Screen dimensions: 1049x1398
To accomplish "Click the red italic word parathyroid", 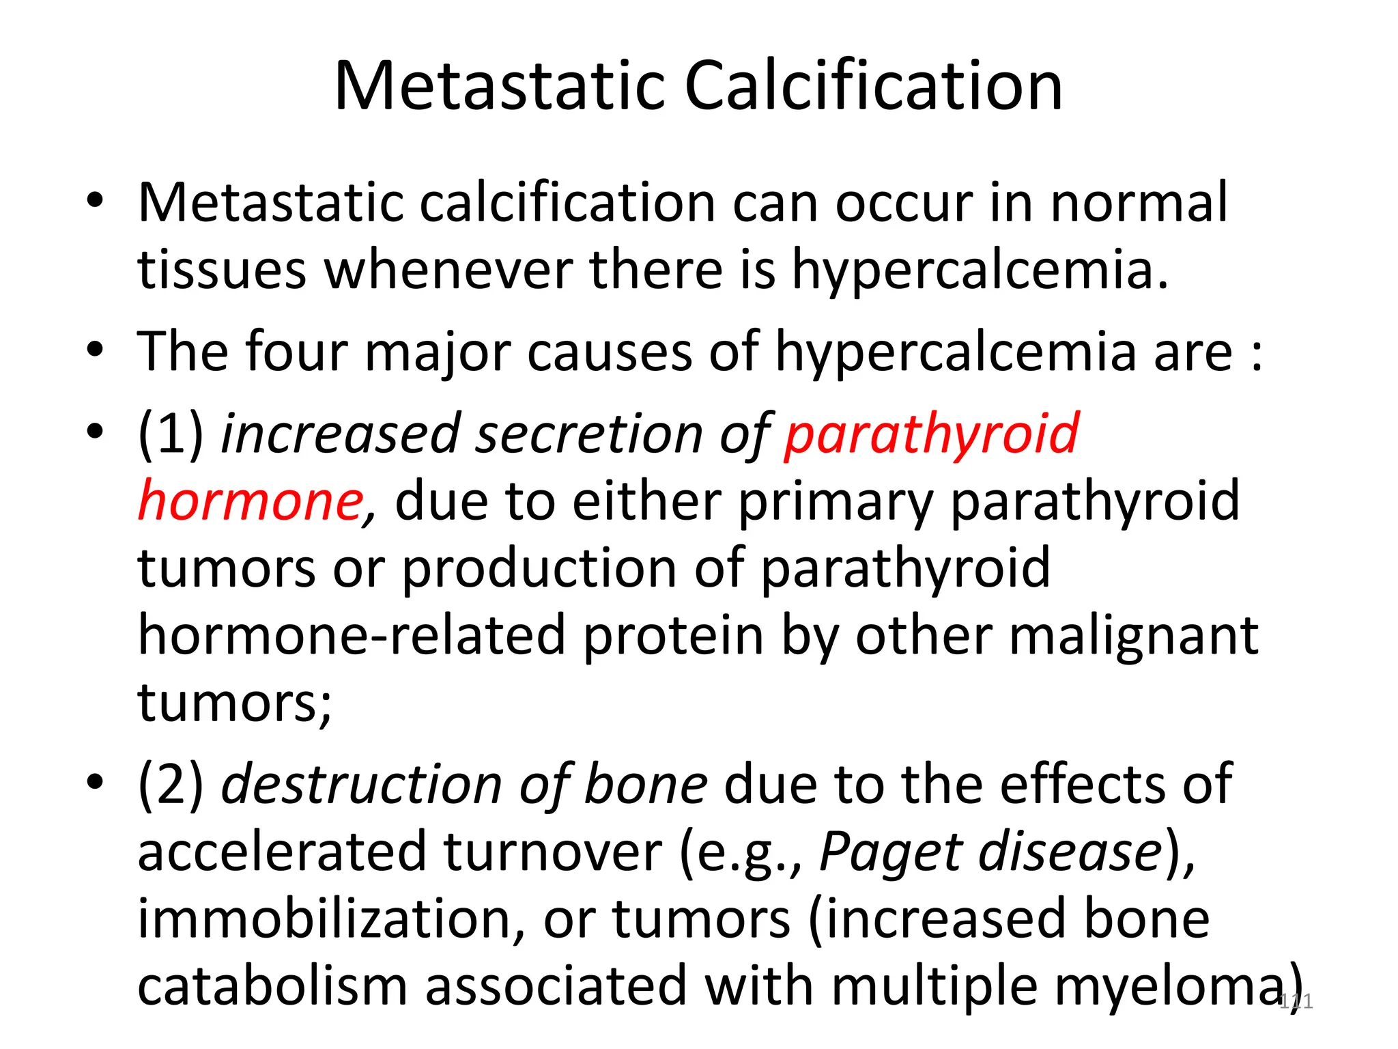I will (931, 434).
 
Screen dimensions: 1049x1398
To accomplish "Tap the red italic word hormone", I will (250, 501).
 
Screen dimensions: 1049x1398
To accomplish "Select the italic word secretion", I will (590, 434).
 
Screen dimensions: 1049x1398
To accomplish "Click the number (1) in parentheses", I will (171, 434).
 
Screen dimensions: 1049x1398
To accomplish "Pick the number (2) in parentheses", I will (171, 784).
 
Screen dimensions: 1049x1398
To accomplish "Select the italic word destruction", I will (362, 784).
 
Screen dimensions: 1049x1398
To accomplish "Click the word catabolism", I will (272, 986).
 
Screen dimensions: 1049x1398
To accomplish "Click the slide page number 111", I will (1296, 1002).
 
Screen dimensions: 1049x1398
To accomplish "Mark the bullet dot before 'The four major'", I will (95, 351).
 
